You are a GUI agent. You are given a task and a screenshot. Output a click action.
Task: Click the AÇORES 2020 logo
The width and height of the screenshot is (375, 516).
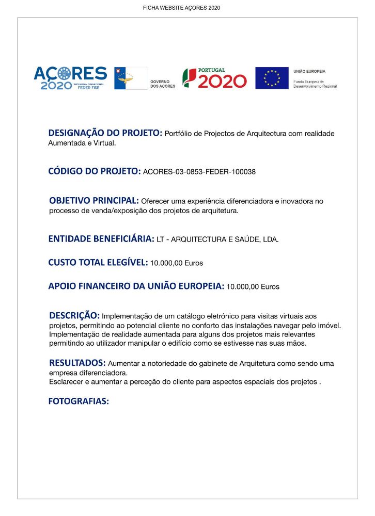70,78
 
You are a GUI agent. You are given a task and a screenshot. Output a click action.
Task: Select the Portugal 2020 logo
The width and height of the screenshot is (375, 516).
214,78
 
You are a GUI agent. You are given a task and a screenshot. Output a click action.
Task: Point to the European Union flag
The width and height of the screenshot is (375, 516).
272,78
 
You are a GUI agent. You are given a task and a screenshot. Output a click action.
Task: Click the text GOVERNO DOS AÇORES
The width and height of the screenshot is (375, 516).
162,84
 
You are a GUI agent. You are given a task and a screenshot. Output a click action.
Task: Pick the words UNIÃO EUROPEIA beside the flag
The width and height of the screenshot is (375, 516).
309,71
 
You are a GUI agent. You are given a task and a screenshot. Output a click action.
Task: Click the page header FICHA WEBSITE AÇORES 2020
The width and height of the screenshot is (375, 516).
181,8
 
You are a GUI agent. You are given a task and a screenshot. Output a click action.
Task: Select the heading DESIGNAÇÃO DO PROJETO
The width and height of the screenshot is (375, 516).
105,133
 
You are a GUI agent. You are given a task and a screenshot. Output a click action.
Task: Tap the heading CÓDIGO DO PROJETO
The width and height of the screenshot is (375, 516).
94,171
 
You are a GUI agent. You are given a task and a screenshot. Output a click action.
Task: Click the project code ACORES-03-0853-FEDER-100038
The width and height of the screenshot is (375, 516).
199,172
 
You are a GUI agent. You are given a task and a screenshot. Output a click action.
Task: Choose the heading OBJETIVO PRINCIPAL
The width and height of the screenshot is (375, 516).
93,200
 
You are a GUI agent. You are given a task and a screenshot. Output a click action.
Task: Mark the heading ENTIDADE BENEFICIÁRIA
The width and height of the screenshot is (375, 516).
101,239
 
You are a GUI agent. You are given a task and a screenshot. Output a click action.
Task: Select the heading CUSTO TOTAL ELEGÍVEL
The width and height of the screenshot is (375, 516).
98,262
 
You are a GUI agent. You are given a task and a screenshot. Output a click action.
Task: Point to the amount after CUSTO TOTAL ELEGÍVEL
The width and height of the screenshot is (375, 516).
177,263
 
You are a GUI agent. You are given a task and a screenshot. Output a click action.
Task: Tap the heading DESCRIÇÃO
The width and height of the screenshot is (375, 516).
74,315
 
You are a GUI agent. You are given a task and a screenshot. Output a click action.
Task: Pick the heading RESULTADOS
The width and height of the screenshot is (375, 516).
77,363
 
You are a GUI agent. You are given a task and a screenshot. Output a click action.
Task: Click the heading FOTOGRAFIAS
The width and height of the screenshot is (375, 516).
79,401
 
